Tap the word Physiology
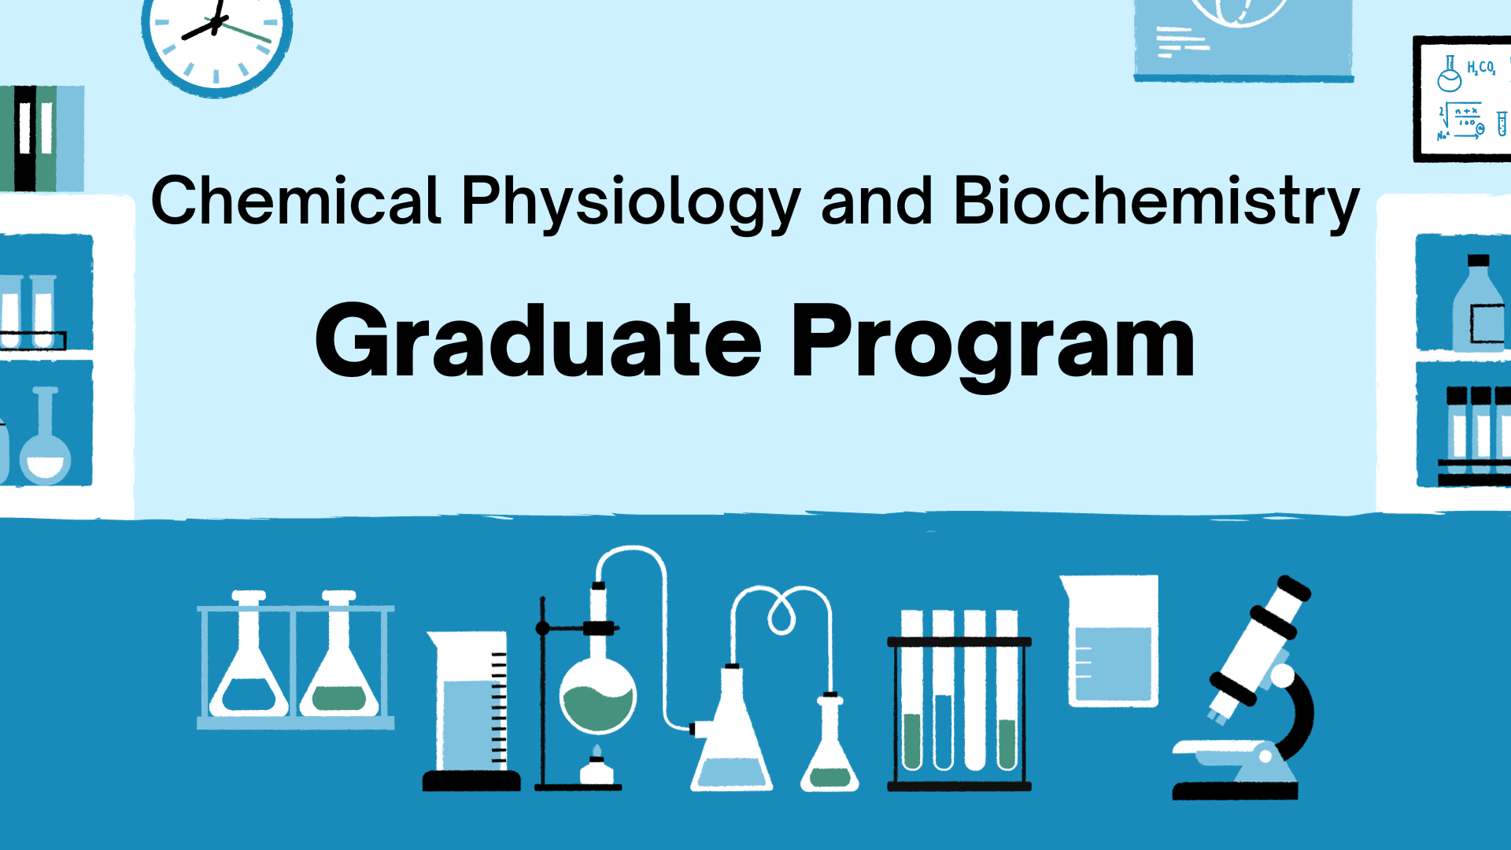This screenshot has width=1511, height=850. click(630, 203)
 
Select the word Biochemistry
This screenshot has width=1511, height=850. click(1155, 203)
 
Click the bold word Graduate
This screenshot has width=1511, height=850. click(538, 342)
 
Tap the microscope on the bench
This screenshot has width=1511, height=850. click(1251, 693)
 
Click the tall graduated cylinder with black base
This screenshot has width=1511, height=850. click(472, 708)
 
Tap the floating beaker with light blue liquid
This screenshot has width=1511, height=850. click(1112, 641)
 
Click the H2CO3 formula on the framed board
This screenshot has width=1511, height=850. click(1480, 68)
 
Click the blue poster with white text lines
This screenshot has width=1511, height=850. click(1243, 39)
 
